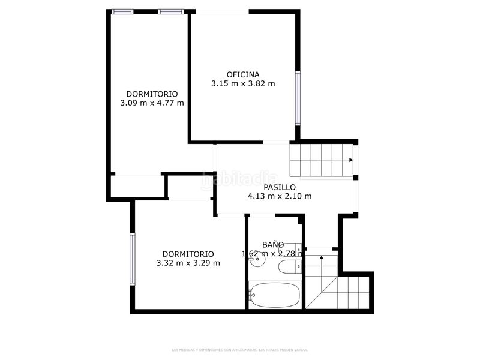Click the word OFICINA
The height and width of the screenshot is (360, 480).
pyautogui.click(x=243, y=74)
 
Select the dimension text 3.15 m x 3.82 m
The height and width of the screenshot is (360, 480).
pyautogui.click(x=243, y=84)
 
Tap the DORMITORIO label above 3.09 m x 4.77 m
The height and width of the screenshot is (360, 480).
pyautogui.click(x=152, y=94)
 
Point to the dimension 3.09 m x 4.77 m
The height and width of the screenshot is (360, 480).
pyautogui.click(x=152, y=103)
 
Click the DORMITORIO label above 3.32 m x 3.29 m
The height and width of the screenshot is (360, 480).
pyautogui.click(x=188, y=254)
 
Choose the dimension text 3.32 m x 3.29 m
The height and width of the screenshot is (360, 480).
pyautogui.click(x=188, y=263)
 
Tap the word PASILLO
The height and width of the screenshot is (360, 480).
pyautogui.click(x=280, y=187)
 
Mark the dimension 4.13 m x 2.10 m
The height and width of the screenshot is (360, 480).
pyautogui.click(x=280, y=196)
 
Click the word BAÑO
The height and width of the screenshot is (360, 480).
pyautogui.click(x=273, y=244)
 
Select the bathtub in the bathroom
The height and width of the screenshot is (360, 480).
pyautogui.click(x=275, y=295)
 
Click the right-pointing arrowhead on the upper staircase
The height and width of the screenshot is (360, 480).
pyautogui.click(x=351, y=160)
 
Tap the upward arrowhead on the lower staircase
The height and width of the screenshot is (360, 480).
pyautogui.click(x=322, y=257)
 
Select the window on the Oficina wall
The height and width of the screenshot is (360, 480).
pyautogui.click(x=297, y=98)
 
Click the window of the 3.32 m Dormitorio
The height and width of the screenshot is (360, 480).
pyautogui.click(x=132, y=259)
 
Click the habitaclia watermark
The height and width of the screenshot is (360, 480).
pyautogui.click(x=240, y=179)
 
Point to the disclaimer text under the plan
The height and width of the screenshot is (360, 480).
pyautogui.click(x=240, y=349)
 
